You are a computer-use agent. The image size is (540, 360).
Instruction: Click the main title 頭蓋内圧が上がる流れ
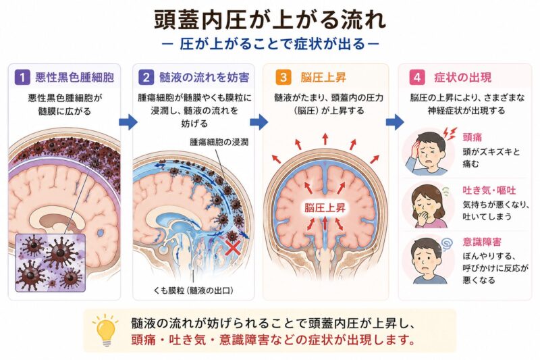(270, 20)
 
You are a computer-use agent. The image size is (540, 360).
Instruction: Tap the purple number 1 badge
(22, 77)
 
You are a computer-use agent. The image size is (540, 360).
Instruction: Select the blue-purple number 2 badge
(146, 77)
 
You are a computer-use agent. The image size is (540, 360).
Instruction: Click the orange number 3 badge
(283, 77)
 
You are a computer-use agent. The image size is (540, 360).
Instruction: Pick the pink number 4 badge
(417, 77)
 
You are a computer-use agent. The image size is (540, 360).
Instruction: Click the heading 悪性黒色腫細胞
(74, 77)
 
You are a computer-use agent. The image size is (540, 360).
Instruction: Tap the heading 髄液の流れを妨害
(205, 77)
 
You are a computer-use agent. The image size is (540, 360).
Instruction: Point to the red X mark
(232, 247)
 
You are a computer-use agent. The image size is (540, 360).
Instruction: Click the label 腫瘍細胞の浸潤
(219, 142)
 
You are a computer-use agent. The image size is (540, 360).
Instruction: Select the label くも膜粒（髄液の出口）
(194, 290)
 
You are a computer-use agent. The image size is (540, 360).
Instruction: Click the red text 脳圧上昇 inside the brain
(325, 208)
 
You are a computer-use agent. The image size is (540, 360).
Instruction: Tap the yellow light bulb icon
(105, 330)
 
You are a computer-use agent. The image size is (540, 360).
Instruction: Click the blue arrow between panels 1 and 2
(128, 122)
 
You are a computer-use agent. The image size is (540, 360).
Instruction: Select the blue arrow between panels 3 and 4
(395, 122)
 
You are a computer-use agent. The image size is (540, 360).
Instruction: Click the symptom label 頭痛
(472, 137)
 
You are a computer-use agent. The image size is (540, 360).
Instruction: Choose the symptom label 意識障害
(482, 242)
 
